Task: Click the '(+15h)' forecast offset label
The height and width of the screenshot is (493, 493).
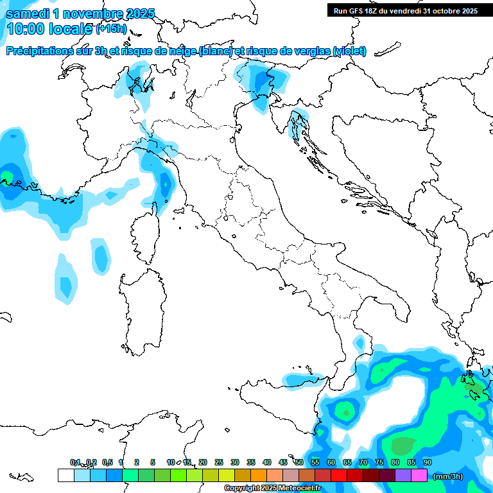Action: pyautogui.click(x=111, y=29)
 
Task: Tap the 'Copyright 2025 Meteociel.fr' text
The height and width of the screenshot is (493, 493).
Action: pyautogui.click(x=272, y=489)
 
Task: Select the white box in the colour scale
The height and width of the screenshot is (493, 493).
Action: pyautogui.click(x=65, y=475)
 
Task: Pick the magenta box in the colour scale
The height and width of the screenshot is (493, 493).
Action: pyautogui.click(x=419, y=475)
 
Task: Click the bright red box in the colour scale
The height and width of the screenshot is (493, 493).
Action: pyautogui.click(x=339, y=475)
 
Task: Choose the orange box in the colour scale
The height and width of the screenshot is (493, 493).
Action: pyautogui.click(x=259, y=475)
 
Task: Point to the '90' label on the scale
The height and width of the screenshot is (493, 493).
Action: pyautogui.click(x=427, y=462)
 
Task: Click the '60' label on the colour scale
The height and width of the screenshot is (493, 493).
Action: pyautogui.click(x=331, y=462)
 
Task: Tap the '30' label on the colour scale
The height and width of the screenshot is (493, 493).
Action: pyautogui.click(x=234, y=462)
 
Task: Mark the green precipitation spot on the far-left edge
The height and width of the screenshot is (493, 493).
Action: pyautogui.click(x=8, y=175)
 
